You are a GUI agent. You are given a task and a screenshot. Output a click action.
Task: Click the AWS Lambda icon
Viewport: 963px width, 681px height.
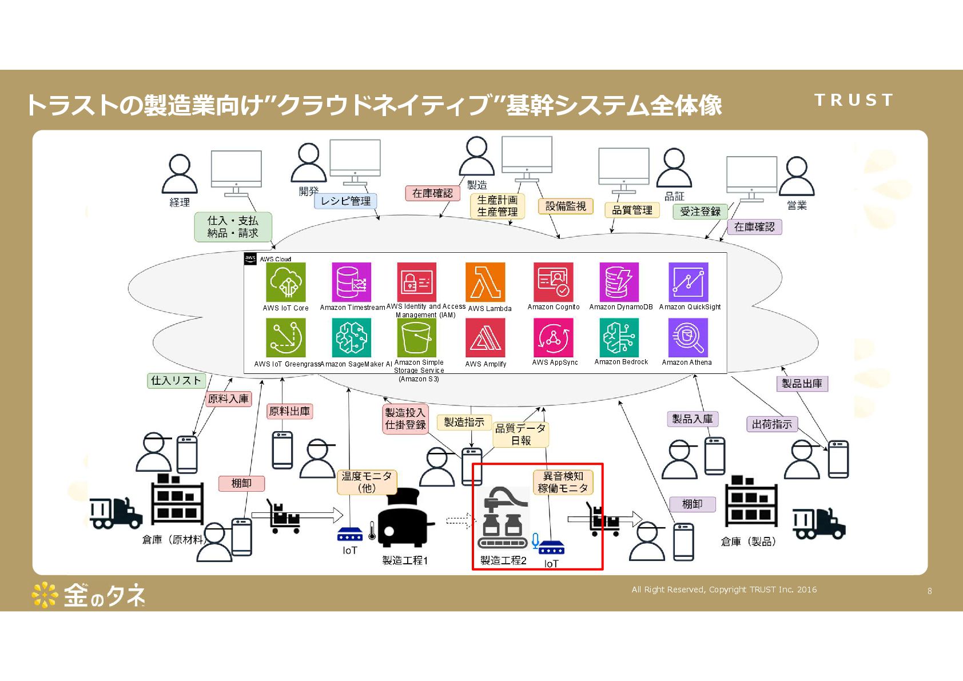(485, 282)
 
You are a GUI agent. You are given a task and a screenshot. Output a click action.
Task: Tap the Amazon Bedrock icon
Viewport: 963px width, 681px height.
(619, 337)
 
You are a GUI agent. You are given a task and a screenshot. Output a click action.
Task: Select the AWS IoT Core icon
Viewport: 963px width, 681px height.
(286, 282)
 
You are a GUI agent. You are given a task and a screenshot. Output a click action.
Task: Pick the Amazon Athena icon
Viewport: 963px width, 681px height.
(687, 337)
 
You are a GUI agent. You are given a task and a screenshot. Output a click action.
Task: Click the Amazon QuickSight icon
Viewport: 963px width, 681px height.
(689, 282)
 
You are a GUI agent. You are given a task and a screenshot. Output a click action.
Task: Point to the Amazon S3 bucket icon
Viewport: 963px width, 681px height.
(416, 338)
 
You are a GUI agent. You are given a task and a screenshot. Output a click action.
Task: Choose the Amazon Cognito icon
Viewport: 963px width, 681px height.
(554, 282)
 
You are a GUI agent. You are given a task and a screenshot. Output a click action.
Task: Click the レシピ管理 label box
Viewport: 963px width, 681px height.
(345, 201)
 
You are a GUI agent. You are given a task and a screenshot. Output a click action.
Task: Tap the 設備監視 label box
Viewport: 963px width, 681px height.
(566, 206)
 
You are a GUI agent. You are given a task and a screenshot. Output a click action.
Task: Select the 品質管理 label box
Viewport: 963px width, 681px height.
(632, 210)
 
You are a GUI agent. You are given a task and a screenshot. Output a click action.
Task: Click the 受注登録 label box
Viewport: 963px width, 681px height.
(700, 212)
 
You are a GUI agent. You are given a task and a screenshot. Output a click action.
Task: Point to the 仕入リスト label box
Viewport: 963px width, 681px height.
(176, 381)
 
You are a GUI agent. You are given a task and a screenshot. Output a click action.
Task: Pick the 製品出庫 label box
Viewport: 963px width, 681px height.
(802, 384)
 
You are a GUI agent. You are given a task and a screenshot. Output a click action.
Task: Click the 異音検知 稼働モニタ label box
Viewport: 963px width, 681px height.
(563, 482)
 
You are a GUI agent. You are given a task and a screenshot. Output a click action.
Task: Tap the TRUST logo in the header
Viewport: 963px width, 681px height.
(853, 100)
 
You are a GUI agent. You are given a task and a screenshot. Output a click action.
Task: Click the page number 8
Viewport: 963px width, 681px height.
(930, 591)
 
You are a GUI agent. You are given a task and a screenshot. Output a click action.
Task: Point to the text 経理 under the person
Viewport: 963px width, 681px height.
(179, 202)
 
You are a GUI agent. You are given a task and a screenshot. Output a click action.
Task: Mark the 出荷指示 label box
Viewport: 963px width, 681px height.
(771, 424)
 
